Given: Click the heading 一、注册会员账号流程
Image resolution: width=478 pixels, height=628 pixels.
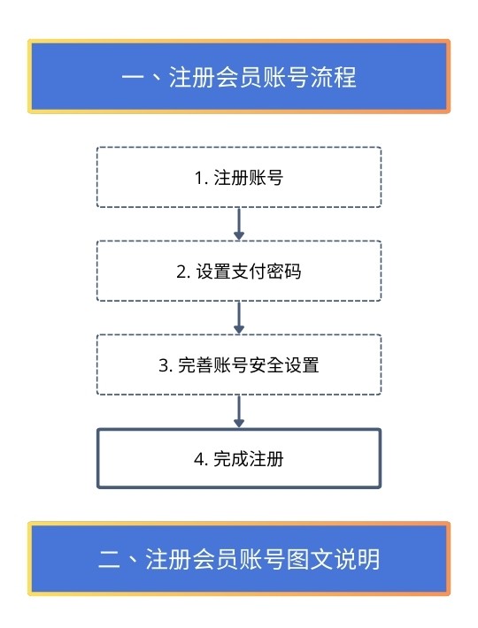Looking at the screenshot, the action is click(239, 76).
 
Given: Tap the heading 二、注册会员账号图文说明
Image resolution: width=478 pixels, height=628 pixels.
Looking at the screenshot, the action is click(239, 559).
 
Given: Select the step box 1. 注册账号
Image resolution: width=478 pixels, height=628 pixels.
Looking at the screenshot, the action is click(239, 177).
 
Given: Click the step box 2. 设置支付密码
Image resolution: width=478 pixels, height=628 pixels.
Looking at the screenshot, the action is click(239, 271).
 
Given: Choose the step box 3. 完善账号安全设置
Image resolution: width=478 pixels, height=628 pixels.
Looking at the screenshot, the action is click(239, 364).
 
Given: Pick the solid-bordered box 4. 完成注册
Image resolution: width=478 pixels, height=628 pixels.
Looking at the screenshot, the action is click(239, 458).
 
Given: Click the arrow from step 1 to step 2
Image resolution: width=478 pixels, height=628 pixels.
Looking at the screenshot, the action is click(239, 224).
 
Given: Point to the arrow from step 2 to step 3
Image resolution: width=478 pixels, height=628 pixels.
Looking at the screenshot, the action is click(239, 318).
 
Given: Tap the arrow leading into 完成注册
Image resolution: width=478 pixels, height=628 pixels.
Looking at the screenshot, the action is click(239, 411).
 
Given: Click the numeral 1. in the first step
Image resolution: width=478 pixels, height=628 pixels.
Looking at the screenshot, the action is click(201, 178).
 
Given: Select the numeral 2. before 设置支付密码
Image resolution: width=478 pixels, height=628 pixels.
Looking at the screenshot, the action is click(183, 272).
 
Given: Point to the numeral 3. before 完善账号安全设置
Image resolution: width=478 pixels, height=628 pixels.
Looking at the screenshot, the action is click(166, 365).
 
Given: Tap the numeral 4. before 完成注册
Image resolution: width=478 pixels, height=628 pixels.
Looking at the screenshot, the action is click(201, 460).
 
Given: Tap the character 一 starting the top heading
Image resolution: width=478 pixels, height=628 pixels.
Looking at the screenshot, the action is click(133, 77).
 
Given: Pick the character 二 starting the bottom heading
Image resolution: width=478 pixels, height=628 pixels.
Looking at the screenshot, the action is click(109, 559).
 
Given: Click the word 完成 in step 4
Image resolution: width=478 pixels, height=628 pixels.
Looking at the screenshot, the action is click(230, 459).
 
